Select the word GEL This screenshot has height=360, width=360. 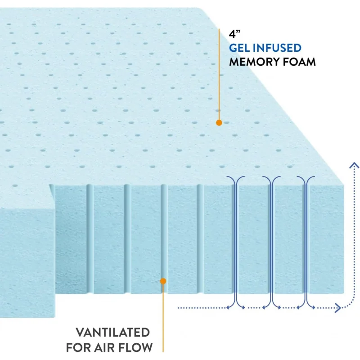point(241,48)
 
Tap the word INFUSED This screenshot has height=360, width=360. point(279,48)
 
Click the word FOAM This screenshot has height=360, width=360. point(299,62)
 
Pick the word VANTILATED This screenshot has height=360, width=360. point(112,333)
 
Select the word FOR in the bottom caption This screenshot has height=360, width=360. point(78,347)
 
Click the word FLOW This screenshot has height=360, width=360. point(135,347)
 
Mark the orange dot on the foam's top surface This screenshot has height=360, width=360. point(219,122)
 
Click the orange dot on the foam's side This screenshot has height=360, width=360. point(163,281)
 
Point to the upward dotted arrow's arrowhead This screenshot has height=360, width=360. point(355,165)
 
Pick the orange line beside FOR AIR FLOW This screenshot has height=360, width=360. point(163,319)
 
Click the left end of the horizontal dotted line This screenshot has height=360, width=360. point(179,308)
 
